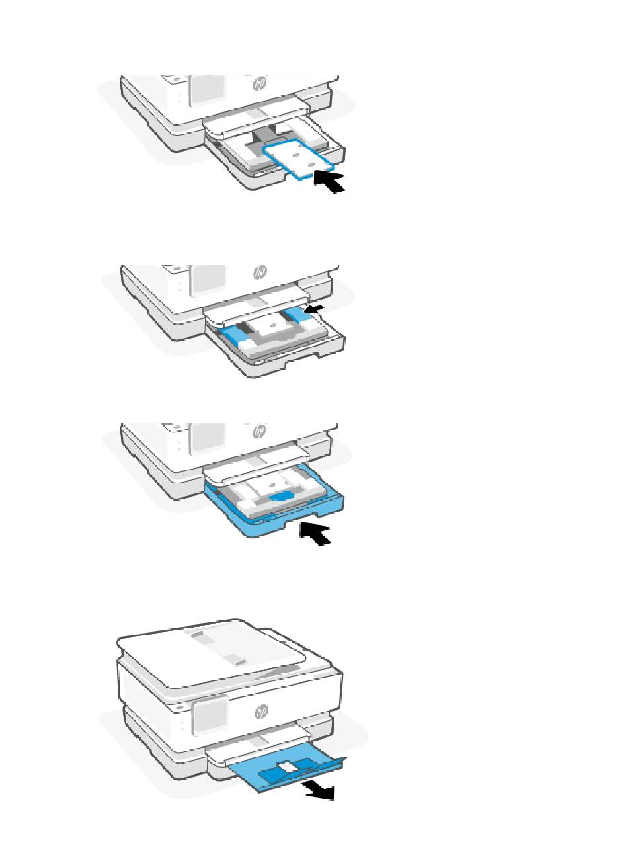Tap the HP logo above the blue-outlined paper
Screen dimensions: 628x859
[x=260, y=83]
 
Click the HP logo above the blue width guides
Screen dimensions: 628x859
[x=260, y=272]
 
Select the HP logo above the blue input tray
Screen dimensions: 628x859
[x=260, y=431]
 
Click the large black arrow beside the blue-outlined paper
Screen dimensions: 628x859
[x=329, y=182]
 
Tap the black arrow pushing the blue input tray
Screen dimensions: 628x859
[x=315, y=532]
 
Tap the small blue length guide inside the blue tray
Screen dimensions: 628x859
[x=281, y=497]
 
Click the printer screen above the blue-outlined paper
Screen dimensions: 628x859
[x=207, y=91]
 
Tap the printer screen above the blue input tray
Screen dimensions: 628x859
[x=207, y=438]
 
